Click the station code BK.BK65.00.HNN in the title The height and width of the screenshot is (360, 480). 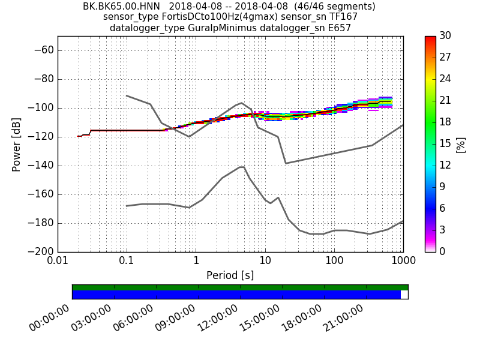121,7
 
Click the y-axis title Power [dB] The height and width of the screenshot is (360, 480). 16,144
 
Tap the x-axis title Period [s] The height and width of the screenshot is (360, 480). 230,275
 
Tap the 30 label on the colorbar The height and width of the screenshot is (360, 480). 446,36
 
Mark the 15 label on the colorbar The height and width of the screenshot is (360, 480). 446,144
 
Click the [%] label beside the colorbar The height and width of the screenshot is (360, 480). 461,144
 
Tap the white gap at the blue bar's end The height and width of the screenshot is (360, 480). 404,295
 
